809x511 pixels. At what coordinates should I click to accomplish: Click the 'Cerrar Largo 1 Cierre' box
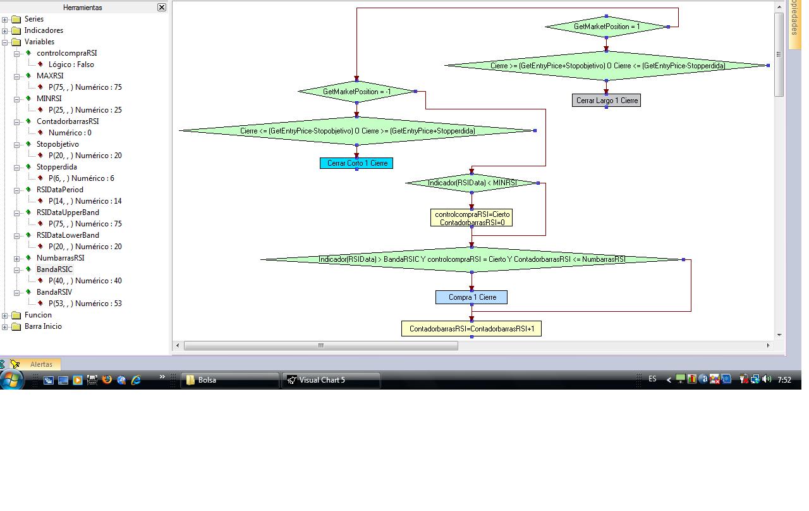[606, 101]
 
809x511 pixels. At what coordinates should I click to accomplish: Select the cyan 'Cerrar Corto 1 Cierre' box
[356, 163]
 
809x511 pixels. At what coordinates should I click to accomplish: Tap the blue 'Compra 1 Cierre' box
[471, 297]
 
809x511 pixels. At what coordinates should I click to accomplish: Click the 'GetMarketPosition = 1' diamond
[606, 27]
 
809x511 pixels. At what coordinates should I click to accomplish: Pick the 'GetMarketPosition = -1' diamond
[356, 92]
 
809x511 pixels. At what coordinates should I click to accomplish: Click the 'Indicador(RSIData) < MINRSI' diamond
[471, 183]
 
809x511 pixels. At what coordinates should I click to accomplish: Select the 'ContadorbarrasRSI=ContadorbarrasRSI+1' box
[471, 329]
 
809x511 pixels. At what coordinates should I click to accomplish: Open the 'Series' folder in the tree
[33, 19]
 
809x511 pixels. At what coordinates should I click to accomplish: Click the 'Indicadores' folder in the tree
[43, 30]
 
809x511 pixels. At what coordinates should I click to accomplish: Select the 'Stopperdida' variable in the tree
[56, 167]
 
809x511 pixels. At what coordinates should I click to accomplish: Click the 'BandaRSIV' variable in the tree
[54, 292]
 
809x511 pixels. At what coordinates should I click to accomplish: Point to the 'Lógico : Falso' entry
[71, 65]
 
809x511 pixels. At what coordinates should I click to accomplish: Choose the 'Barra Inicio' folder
[42, 326]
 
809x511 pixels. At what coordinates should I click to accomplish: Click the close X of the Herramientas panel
[162, 8]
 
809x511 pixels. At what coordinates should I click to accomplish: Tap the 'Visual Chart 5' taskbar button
[331, 380]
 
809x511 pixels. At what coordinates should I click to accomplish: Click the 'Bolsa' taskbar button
[230, 380]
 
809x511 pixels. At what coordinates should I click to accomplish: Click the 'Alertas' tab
[41, 364]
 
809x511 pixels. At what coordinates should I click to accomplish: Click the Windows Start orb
[11, 379]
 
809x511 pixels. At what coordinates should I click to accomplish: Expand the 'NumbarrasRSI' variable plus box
[17, 258]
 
